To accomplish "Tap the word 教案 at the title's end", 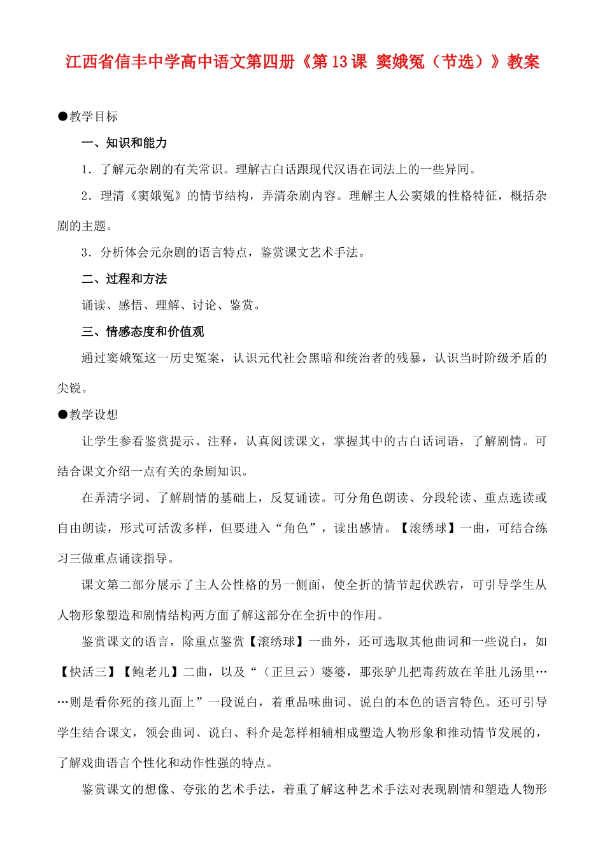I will click(523, 62).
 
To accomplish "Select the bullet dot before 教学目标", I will click(62, 116).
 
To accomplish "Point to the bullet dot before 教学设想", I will click(62, 415).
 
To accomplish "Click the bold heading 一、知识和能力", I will click(125, 143).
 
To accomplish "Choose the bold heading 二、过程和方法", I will click(125, 279).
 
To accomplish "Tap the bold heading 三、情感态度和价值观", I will click(143, 332).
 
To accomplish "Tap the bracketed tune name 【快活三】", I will click(87, 672).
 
